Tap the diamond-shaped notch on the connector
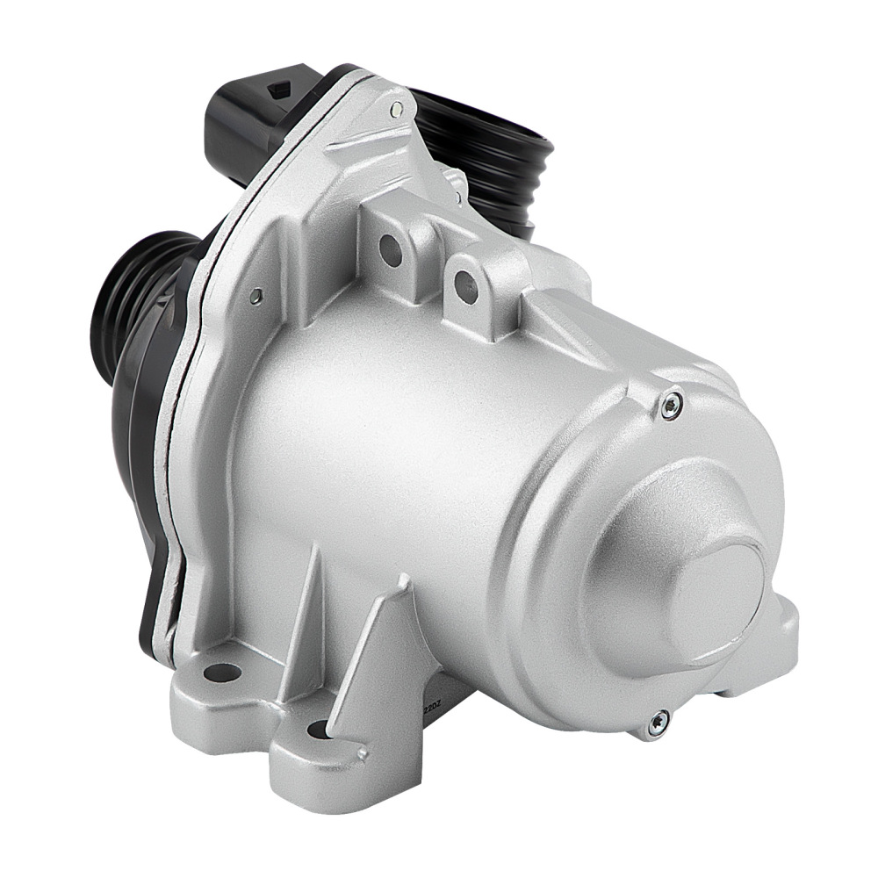pyautogui.click(x=283, y=89)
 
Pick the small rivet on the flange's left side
pyautogui.click(x=255, y=297)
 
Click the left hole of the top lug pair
pyautogui.click(x=391, y=251)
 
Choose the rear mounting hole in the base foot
pyautogui.click(x=221, y=673)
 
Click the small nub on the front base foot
pyautogui.click(x=361, y=753)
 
